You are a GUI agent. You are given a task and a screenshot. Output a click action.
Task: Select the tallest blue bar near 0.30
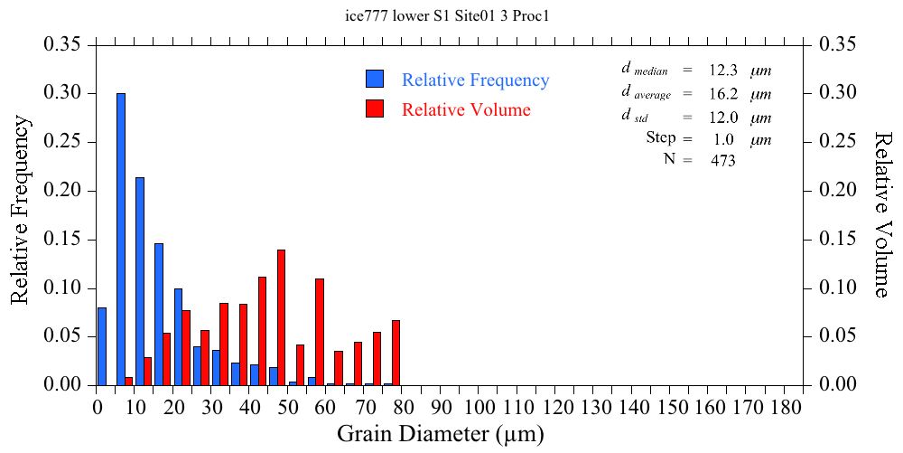(x=121, y=239)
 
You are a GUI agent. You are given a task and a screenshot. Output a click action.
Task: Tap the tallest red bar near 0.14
(x=281, y=317)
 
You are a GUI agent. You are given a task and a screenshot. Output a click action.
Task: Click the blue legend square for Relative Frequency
(x=375, y=79)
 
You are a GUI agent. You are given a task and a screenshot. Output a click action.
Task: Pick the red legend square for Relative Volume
(x=375, y=109)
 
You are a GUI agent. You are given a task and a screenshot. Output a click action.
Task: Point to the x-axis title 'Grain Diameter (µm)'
(x=441, y=435)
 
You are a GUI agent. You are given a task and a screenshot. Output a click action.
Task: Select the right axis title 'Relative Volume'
(x=882, y=214)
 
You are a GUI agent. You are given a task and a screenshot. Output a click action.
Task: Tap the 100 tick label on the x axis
(x=479, y=407)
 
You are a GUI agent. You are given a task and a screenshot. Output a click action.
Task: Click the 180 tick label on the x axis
(x=786, y=407)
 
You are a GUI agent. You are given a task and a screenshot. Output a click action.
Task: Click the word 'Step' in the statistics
(x=661, y=138)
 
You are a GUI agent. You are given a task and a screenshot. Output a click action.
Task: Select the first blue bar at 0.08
(x=102, y=346)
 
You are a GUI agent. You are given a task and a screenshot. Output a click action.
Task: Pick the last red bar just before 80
(x=396, y=353)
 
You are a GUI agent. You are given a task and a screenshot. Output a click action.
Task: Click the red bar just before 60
(x=320, y=332)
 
